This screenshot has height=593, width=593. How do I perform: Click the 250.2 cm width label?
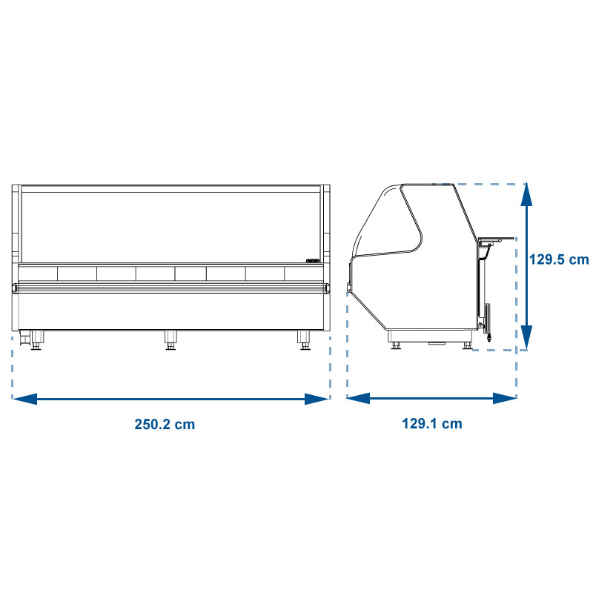[165, 424]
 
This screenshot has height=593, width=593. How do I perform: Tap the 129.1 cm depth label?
[432, 423]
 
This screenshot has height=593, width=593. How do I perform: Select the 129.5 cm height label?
[559, 259]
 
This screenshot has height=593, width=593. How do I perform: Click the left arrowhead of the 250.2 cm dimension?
[25, 399]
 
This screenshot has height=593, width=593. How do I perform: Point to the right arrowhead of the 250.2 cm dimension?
[317, 399]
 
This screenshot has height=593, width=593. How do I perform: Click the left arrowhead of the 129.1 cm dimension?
[359, 398]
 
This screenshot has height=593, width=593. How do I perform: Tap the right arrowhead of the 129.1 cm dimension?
[505, 398]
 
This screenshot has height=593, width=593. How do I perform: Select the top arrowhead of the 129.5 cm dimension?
[526, 195]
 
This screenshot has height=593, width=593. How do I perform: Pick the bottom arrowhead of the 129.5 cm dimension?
[526, 337]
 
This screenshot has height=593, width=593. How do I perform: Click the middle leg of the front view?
[170, 340]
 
